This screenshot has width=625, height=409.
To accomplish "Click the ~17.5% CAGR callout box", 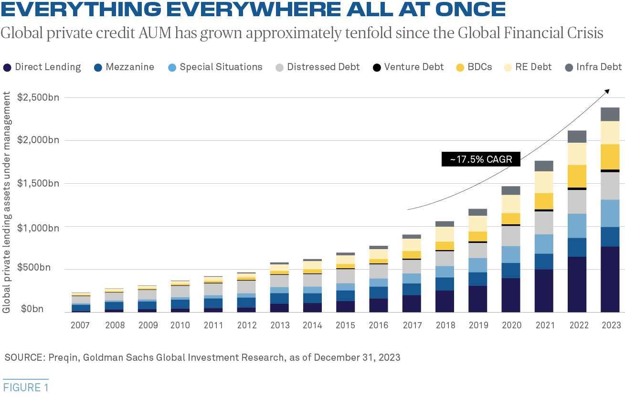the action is tap(481, 159).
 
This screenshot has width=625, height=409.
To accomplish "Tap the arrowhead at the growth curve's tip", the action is tap(607, 92).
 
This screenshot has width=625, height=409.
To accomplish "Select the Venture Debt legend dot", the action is tap(377, 67).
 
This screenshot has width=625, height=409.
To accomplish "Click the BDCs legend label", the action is tap(480, 67).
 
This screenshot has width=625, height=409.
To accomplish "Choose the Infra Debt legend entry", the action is tap(593, 67).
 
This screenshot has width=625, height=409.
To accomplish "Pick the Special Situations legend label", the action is tap(221, 67).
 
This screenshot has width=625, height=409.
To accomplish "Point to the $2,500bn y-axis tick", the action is tap(38, 97).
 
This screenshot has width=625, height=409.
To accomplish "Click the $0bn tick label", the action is tap(32, 309).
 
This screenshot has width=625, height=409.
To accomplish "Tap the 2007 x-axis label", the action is tap(80, 325).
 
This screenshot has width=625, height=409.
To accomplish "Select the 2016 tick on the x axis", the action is tap(378, 325).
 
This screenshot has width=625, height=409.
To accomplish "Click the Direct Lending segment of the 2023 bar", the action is tap(610, 279).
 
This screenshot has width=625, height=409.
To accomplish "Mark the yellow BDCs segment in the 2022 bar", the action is tap(577, 176).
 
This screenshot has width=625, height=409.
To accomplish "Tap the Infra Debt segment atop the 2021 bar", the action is tap(544, 166).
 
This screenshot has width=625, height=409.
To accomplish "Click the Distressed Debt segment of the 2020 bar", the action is tap(511, 236).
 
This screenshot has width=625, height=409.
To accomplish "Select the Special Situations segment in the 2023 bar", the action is tap(610, 213).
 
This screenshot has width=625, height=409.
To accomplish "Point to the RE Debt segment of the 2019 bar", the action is tap(477, 224).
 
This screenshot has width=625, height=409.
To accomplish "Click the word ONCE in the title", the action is tap(470, 9).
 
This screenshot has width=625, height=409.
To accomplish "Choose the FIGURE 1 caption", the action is tap(26, 388).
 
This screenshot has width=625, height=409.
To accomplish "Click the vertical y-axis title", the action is tap(6, 202).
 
